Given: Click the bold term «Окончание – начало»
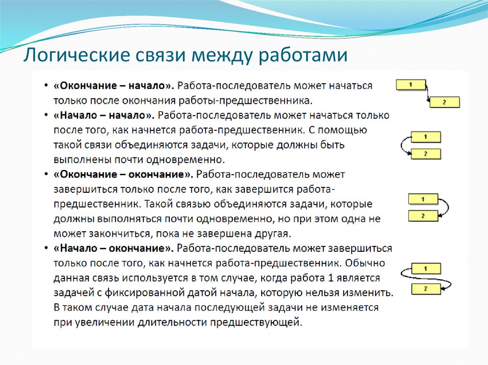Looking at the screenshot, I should [x=114, y=86].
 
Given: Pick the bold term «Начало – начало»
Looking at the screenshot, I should [x=104, y=115].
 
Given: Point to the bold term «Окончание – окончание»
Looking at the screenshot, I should [x=123, y=175].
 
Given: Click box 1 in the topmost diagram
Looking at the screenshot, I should [x=410, y=85].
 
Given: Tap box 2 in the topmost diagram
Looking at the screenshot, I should [x=444, y=102].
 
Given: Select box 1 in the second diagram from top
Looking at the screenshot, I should [x=426, y=137].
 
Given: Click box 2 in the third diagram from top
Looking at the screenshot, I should [x=423, y=216].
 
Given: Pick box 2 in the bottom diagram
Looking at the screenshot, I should [x=426, y=288].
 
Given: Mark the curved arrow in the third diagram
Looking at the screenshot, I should [x=446, y=207].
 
